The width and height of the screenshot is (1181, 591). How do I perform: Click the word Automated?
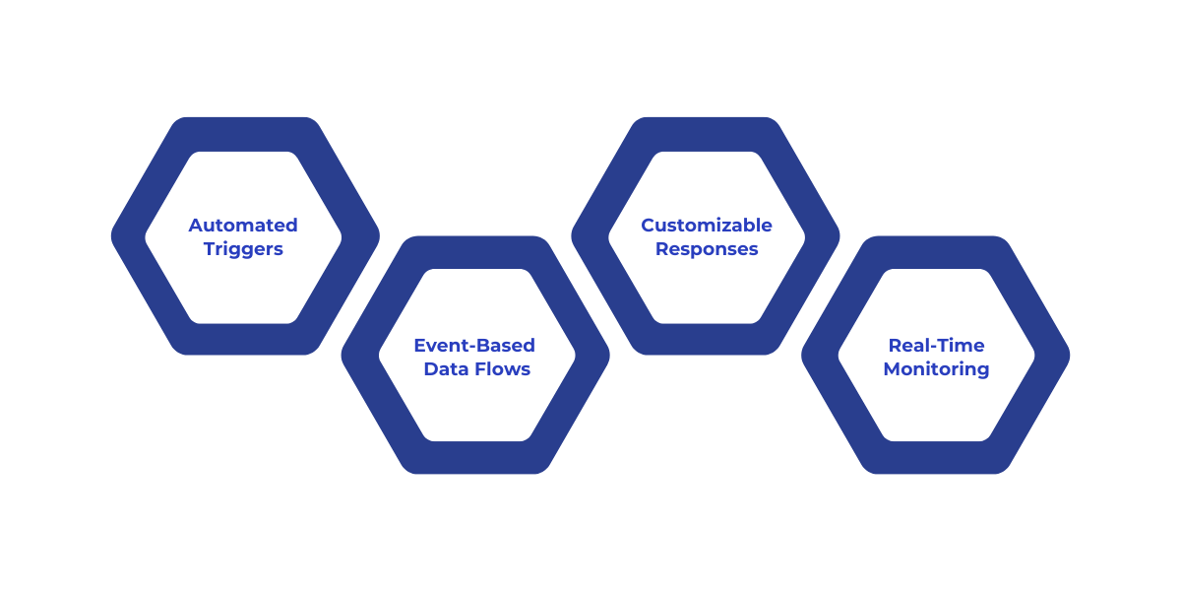pyautogui.click(x=243, y=226)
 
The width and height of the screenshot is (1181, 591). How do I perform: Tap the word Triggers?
pyautogui.click(x=243, y=249)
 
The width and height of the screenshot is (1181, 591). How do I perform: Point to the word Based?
pyautogui.click(x=505, y=346)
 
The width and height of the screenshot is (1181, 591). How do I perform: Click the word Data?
pyautogui.click(x=445, y=369)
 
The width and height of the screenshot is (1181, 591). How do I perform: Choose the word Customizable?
pyautogui.click(x=707, y=226)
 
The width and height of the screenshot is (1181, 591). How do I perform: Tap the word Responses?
pyautogui.click(x=707, y=249)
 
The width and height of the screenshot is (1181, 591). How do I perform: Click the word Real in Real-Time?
pyautogui.click(x=908, y=346)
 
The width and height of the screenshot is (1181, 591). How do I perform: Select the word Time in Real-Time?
pyautogui.click(x=961, y=346)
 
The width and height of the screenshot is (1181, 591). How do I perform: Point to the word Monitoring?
pyautogui.click(x=936, y=369)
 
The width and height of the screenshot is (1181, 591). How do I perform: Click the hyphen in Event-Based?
pyautogui.click(x=468, y=347)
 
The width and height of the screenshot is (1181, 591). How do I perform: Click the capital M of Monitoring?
pyautogui.click(x=892, y=369)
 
